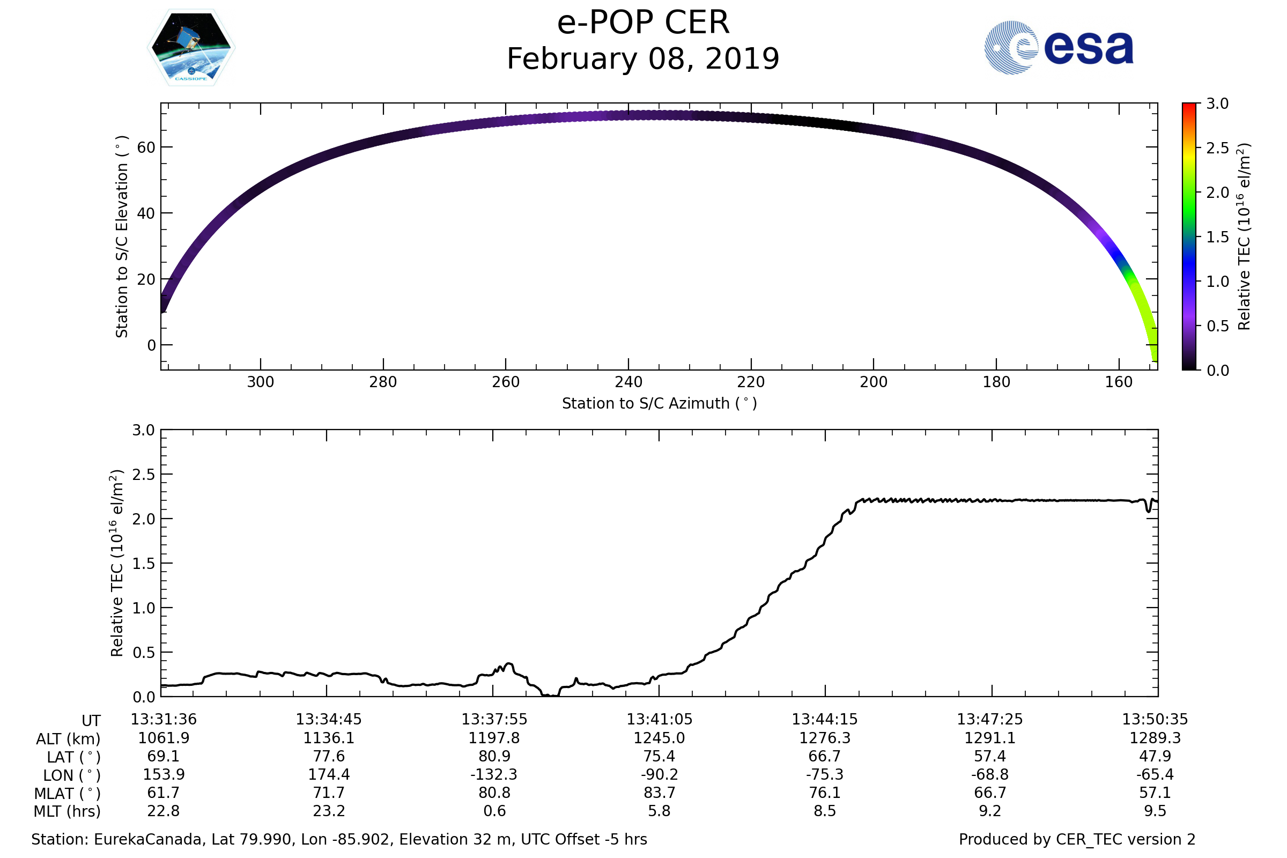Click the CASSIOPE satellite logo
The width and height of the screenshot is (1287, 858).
click(x=191, y=48)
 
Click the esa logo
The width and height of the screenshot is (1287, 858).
click(x=1058, y=48)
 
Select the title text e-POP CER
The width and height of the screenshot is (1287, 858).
click(x=643, y=23)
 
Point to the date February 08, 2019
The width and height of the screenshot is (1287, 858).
click(x=643, y=59)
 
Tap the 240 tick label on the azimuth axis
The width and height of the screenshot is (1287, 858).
click(x=628, y=382)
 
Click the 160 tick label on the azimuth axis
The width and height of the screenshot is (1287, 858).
click(x=1119, y=382)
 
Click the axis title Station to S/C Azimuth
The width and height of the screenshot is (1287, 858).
click(x=660, y=404)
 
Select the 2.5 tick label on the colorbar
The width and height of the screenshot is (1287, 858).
click(x=1217, y=149)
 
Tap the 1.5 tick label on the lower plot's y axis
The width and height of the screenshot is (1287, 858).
click(x=143, y=564)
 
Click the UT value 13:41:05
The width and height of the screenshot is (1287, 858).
click(x=660, y=720)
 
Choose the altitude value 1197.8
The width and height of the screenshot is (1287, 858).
click(x=494, y=738)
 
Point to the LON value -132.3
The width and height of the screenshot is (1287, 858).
click(x=494, y=775)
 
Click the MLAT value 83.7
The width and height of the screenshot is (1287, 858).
click(x=660, y=793)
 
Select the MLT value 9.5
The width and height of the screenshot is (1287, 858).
click(x=1155, y=811)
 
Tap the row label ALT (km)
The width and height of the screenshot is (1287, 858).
click(x=69, y=739)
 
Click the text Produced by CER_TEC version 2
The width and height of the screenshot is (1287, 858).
click(x=1077, y=839)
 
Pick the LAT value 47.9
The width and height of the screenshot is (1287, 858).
click(x=1155, y=756)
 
